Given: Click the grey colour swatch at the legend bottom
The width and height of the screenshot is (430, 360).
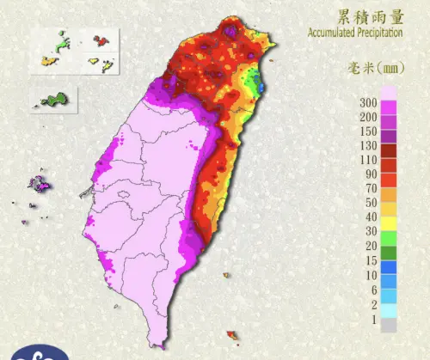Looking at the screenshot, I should (x=389, y=325).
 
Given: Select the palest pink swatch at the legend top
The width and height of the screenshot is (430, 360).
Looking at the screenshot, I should (x=389, y=93).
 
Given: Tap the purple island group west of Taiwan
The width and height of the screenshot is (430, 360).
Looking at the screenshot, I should (x=39, y=183).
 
